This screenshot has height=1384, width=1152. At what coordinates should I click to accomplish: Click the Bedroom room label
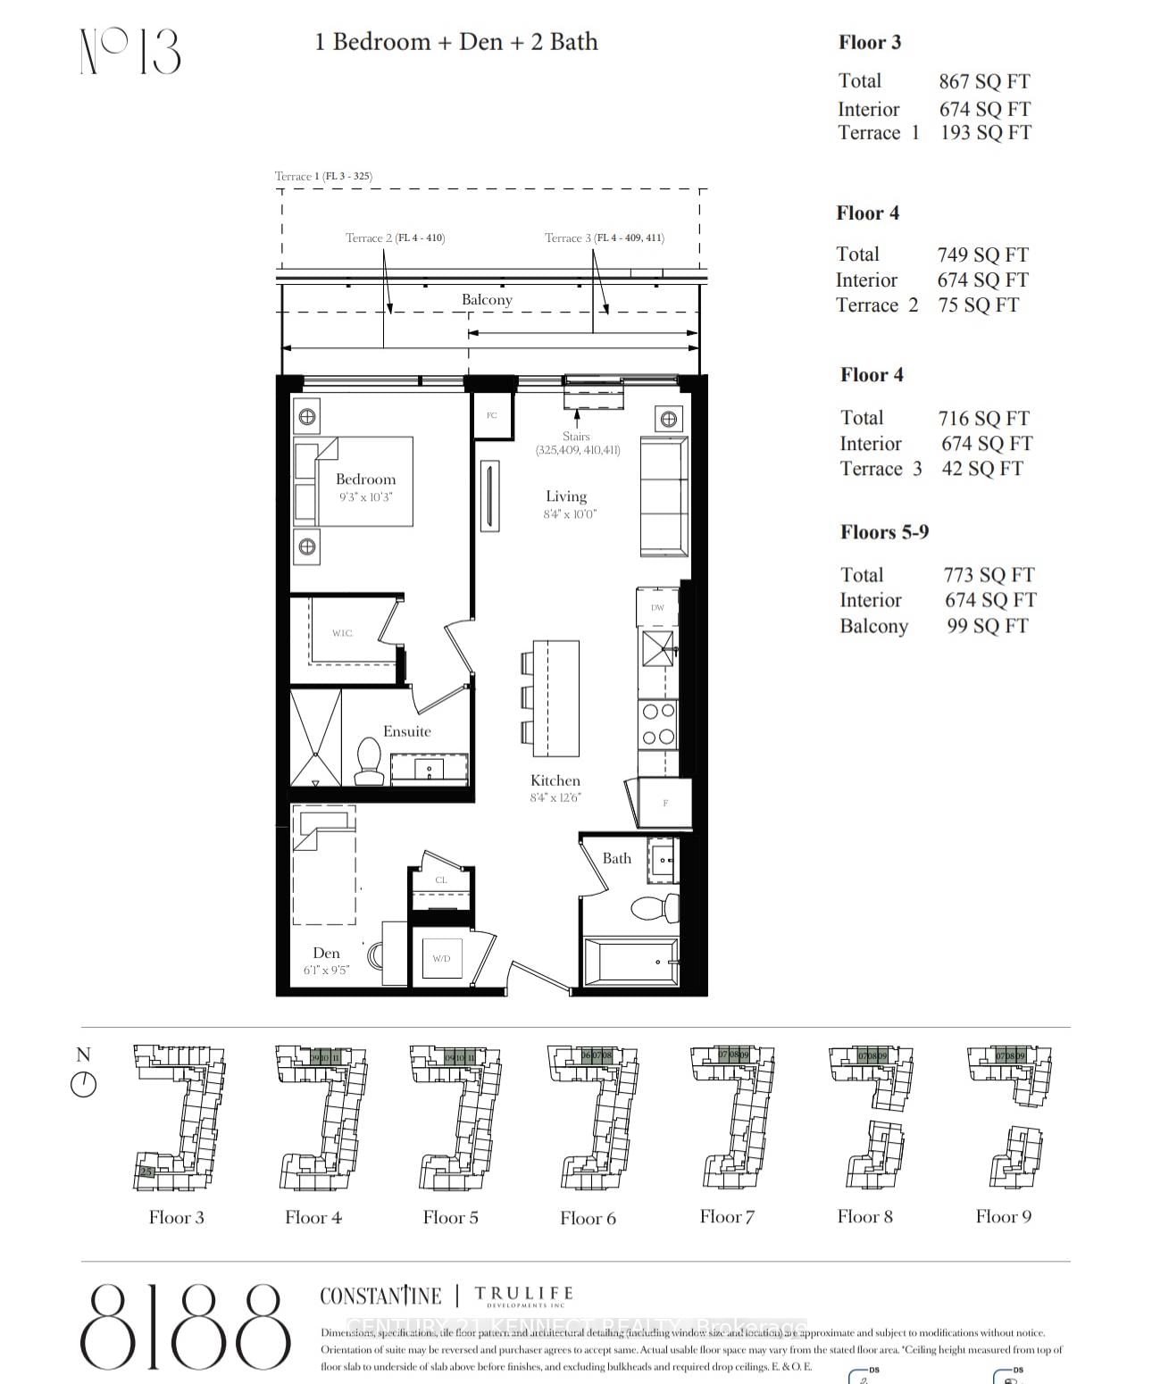365,479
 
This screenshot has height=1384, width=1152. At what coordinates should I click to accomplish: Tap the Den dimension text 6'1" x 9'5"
326,970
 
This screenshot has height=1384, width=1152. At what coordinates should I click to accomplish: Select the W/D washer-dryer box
441,958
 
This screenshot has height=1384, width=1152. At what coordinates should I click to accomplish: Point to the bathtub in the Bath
630,962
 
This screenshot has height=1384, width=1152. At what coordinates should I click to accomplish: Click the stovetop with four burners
658,724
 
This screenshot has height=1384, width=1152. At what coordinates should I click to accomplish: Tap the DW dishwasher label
657,607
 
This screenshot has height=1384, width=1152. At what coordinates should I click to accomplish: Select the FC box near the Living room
491,415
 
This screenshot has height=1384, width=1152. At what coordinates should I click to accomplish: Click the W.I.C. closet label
342,633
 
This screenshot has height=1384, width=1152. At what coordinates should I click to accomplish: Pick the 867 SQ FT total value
984,82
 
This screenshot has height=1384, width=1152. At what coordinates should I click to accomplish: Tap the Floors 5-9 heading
884,532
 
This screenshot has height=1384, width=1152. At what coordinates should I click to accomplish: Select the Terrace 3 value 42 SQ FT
981,469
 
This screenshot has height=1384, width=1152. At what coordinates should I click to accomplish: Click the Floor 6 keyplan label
588,1218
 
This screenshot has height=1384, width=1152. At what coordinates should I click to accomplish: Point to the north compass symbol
83,1084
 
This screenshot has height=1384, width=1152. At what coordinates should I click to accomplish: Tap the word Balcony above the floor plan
487,300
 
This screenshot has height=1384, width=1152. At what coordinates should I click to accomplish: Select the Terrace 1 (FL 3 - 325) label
323,176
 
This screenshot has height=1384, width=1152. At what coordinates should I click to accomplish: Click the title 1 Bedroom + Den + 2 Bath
455,42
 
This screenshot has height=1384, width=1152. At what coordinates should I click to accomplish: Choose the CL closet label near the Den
441,880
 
